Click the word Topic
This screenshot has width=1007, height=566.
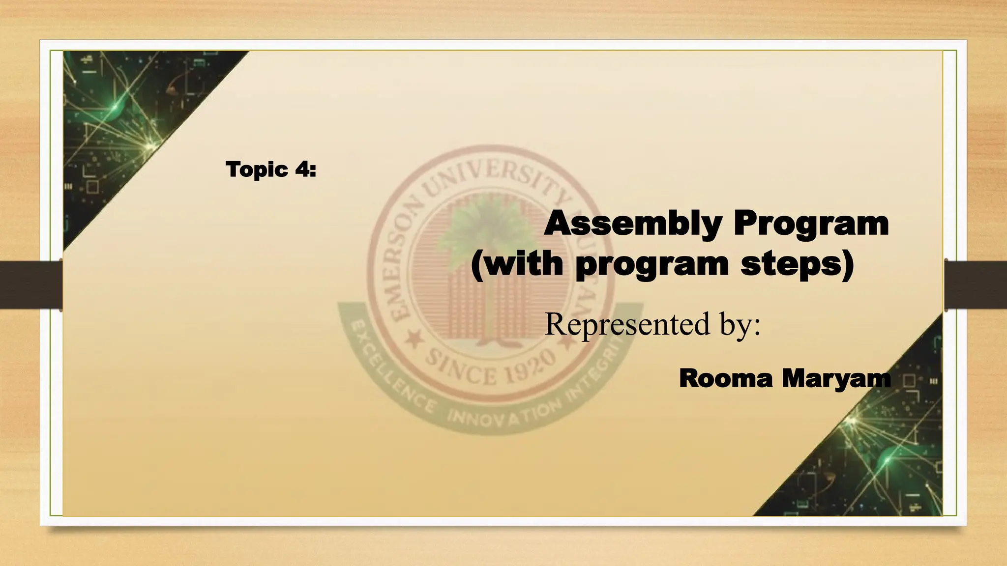click(257, 170)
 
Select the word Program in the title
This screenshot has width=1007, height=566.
click(811, 224)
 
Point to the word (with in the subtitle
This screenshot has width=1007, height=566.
click(516, 264)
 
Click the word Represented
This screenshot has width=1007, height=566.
click(627, 324)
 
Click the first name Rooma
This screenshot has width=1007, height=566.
click(726, 378)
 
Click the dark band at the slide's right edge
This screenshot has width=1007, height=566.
click(976, 285)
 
